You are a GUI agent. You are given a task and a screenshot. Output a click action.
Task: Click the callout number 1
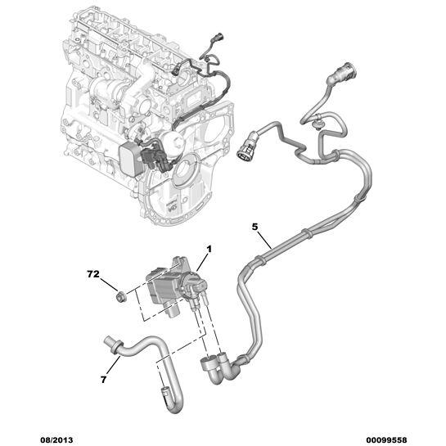click(209, 248)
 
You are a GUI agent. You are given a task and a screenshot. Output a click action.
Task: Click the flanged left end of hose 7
click(109, 341)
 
